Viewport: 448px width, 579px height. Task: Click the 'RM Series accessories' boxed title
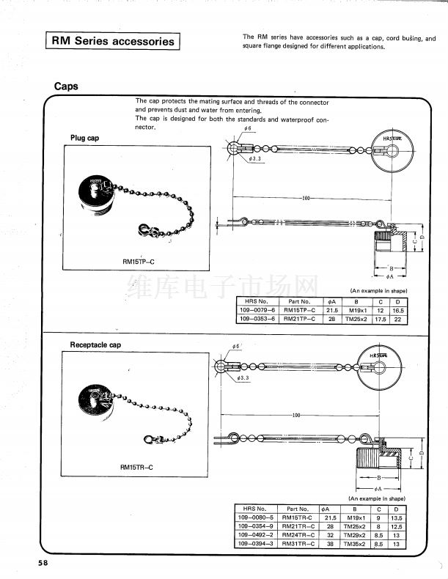[113, 41]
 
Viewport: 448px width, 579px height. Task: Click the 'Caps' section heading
[66, 86]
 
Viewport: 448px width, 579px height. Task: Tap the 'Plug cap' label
[84, 139]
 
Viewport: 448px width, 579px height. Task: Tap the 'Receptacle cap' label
[95, 344]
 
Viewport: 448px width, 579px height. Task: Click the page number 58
[45, 563]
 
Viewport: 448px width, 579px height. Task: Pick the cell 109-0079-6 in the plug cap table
[257, 310]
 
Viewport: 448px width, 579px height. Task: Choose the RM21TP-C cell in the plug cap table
[299, 319]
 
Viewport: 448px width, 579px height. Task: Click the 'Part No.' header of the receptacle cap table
[298, 509]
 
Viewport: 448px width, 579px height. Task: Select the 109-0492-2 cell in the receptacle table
[255, 535]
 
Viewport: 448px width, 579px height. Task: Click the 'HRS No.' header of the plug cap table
[257, 301]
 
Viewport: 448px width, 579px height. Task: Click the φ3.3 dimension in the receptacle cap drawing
[244, 378]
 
